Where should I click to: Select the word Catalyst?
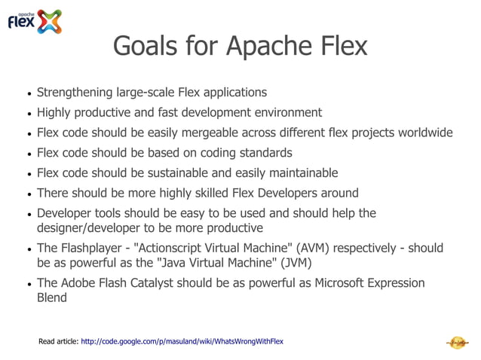(170, 283)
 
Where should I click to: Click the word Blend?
(52, 298)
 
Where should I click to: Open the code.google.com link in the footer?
(182, 342)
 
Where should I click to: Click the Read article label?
(58, 342)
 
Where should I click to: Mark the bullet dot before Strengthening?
(29, 94)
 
